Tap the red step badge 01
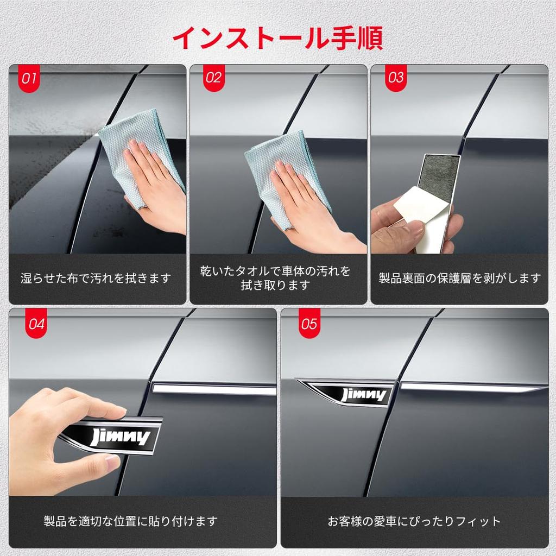(29, 78)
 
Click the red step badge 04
(36, 323)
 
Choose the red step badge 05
(309, 323)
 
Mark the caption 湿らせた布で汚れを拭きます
(96, 279)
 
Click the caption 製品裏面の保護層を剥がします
(459, 279)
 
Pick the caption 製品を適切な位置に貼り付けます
(130, 521)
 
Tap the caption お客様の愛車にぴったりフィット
(414, 521)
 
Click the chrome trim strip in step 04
(214, 389)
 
